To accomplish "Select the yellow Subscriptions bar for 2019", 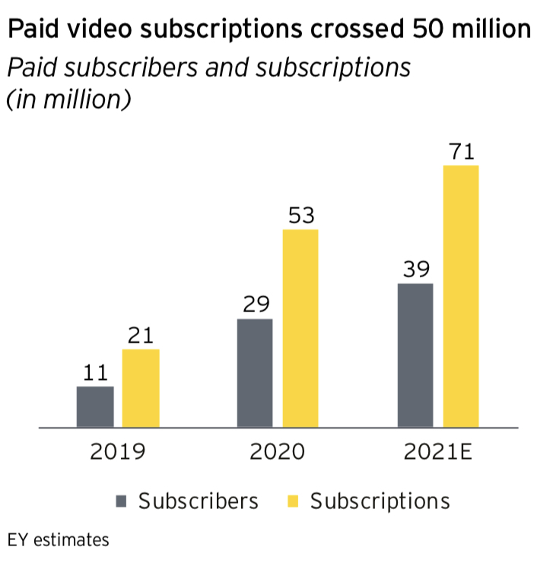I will (141, 388).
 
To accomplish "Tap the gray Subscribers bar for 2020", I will (256, 373).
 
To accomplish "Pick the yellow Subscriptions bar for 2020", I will (300, 328).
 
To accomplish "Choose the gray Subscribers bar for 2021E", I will (415, 356).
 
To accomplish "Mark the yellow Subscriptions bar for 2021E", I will (461, 296).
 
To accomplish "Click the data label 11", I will (95, 373).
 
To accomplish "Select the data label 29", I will (256, 305).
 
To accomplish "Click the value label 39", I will (415, 270).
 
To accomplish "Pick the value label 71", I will (461, 151).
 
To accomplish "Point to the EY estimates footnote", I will (59, 541).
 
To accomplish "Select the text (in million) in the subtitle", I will (68, 100).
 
